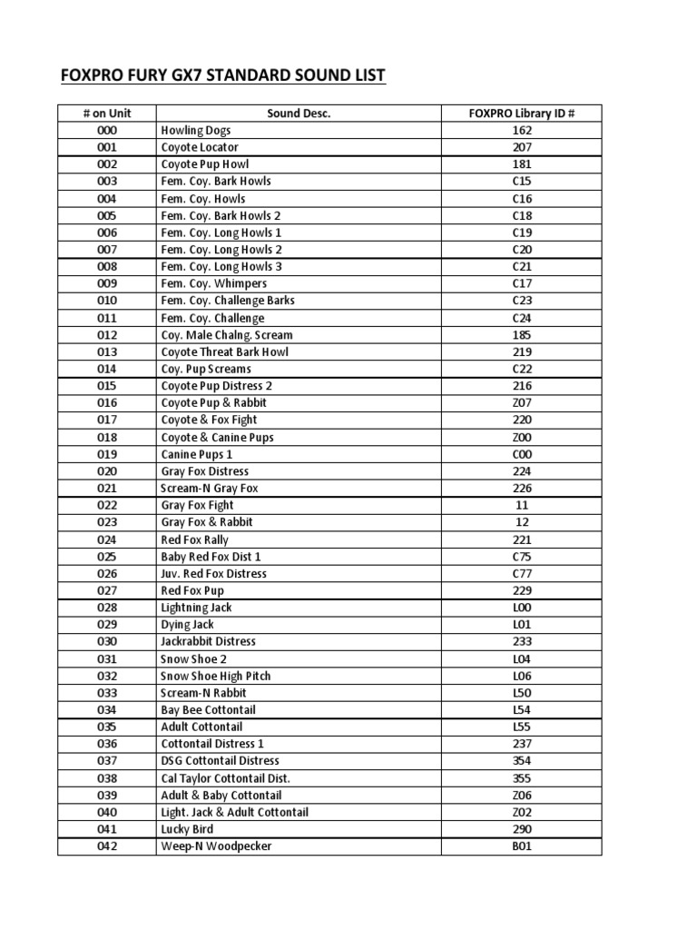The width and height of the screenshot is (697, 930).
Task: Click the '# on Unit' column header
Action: pyautogui.click(x=106, y=114)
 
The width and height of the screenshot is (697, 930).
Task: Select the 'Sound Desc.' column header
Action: pyautogui.click(x=299, y=114)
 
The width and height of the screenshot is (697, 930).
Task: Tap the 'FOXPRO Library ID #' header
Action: pyautogui.click(x=521, y=114)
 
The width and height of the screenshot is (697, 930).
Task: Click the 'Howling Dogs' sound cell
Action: pyautogui.click(x=196, y=131)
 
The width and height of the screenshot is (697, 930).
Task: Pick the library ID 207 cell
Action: pyautogui.click(x=521, y=147)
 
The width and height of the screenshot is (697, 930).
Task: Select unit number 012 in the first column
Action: pyautogui.click(x=106, y=335)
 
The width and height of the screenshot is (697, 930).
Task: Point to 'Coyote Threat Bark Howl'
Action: pyautogui.click(x=224, y=351)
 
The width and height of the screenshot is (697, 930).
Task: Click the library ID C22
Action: pyautogui.click(x=521, y=369)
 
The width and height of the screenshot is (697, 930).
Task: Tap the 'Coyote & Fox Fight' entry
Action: pyautogui.click(x=209, y=420)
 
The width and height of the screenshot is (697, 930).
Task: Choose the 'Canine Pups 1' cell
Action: pyautogui.click(x=197, y=454)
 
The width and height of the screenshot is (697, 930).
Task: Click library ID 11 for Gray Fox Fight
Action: pyautogui.click(x=521, y=505)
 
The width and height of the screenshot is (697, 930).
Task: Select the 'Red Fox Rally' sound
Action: pyautogui.click(x=194, y=539)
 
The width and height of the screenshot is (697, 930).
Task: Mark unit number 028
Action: pyautogui.click(x=106, y=608)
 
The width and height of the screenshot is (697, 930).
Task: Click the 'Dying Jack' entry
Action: pyautogui.click(x=188, y=625)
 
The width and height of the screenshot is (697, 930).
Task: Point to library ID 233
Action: pyautogui.click(x=521, y=641)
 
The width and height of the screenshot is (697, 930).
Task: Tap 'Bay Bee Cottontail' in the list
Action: pyautogui.click(x=208, y=709)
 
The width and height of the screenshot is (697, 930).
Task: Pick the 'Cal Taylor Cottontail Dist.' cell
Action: pyautogui.click(x=225, y=778)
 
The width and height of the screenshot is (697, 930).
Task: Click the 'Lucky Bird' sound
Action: pyautogui.click(x=189, y=829)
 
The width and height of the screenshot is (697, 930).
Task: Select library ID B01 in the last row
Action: pyautogui.click(x=521, y=846)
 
